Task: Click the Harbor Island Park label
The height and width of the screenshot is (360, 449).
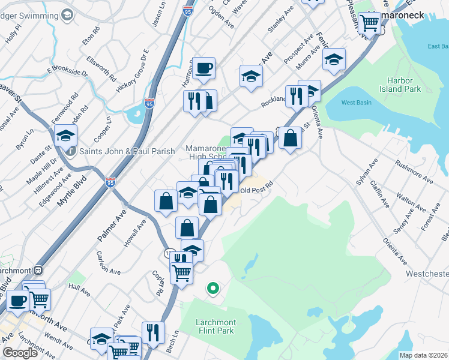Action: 405,84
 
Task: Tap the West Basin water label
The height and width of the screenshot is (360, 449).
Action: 357,103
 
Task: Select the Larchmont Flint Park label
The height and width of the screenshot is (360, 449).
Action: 215,326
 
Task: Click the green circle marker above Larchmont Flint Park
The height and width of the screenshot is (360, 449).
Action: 212,289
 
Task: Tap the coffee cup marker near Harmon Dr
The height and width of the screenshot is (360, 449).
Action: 203,68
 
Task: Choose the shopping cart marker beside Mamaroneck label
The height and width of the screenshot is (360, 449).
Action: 370,23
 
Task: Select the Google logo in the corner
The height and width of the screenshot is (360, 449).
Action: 19,353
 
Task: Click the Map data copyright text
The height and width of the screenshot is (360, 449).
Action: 423,355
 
